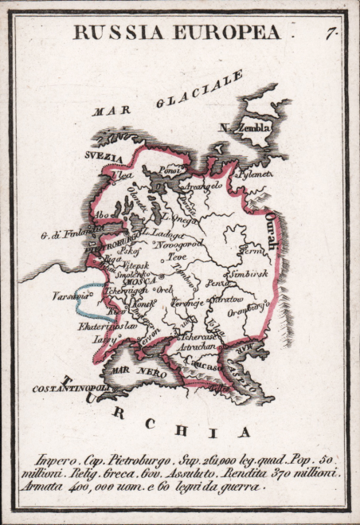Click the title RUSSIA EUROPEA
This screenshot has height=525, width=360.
[x=177, y=32]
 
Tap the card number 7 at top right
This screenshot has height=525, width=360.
[x=329, y=33]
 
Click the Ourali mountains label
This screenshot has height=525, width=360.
[x=272, y=232]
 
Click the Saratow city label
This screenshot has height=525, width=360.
[x=225, y=300]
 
